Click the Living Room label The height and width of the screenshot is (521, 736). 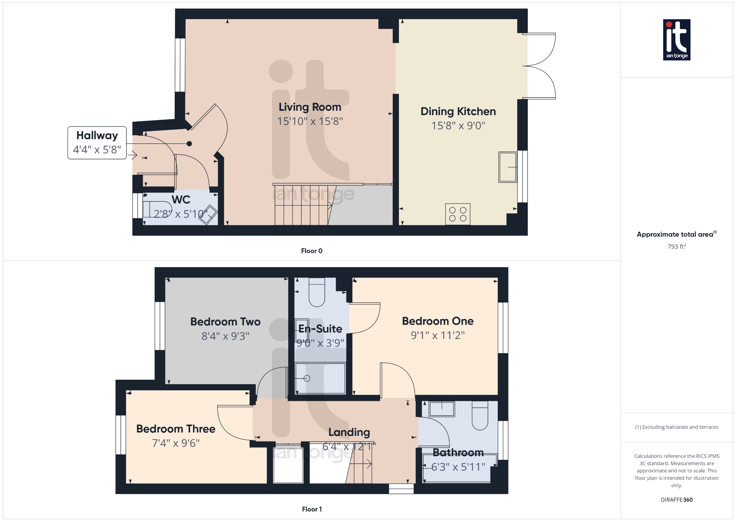(x=310, y=107)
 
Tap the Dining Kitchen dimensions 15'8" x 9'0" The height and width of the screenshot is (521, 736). (x=458, y=126)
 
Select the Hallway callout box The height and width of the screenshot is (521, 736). (x=97, y=142)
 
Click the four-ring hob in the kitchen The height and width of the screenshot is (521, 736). (x=457, y=214)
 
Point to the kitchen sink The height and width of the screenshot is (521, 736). (x=507, y=167)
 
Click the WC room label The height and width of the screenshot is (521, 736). (x=181, y=200)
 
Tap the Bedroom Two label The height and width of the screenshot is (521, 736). (x=225, y=322)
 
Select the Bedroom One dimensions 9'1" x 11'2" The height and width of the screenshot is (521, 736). (x=438, y=335)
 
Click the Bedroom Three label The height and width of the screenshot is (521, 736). (x=176, y=429)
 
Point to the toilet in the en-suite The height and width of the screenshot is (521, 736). (x=317, y=292)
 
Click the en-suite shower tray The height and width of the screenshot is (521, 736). (x=320, y=378)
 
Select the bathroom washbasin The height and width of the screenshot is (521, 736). (x=442, y=409)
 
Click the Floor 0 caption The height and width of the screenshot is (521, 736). (x=312, y=251)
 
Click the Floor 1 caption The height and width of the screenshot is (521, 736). (x=312, y=509)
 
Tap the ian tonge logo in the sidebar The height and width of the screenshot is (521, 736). (x=676, y=40)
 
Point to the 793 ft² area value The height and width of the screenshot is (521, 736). (x=676, y=246)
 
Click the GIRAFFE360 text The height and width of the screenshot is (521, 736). (x=676, y=500)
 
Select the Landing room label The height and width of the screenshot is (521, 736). (x=349, y=432)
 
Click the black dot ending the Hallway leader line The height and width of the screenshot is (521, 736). (x=189, y=144)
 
